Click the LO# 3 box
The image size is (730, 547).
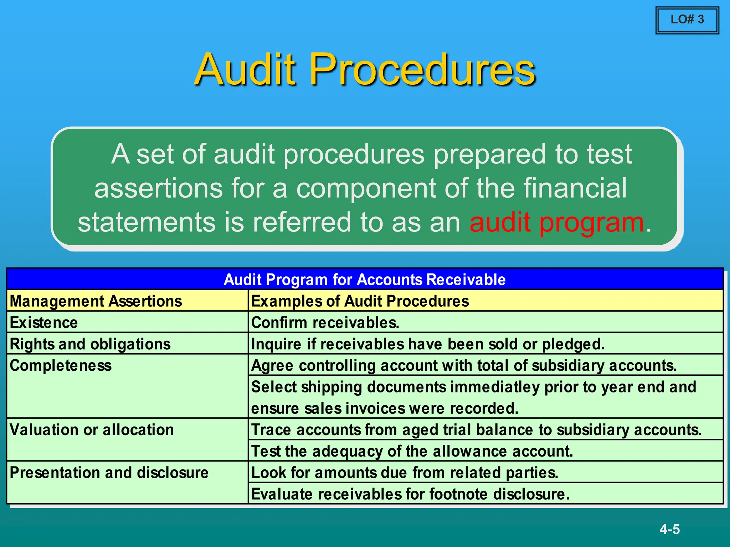click(687, 20)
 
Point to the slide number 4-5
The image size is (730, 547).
click(669, 529)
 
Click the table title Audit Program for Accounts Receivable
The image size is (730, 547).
click(364, 280)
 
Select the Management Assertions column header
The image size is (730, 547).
click(96, 301)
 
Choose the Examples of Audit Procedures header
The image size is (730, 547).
click(360, 301)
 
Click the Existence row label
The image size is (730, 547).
click(44, 323)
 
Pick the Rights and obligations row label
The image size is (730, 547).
click(90, 344)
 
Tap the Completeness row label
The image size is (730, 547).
click(61, 366)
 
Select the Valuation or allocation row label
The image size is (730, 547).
click(92, 430)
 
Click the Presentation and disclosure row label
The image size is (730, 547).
click(109, 473)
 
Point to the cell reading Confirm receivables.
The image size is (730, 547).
click(325, 323)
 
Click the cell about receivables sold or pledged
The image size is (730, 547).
click(428, 344)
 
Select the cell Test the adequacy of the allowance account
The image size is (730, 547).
click(412, 451)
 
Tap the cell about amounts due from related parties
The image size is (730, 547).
click(405, 473)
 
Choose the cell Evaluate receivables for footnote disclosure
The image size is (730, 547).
click(410, 494)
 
